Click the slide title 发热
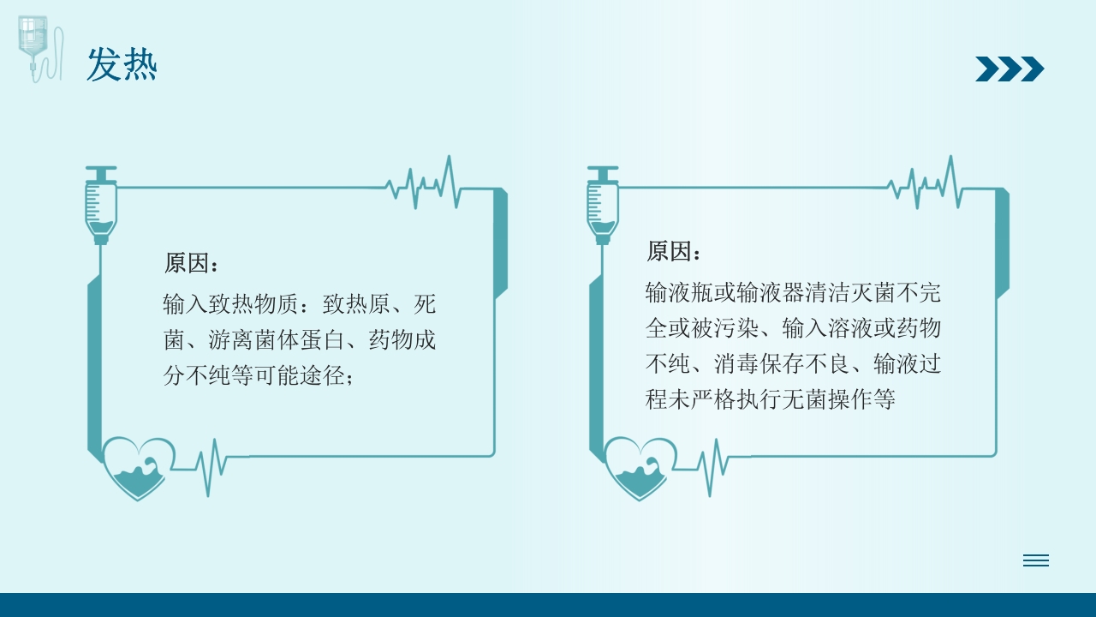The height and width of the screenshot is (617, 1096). (122, 66)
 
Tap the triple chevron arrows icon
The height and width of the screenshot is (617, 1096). (1010, 69)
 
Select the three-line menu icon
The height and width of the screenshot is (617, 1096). (1035, 560)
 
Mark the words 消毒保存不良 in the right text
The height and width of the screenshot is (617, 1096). (782, 364)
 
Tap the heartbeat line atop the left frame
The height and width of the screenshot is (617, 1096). (424, 183)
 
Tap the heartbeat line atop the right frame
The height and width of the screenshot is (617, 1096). (926, 183)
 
